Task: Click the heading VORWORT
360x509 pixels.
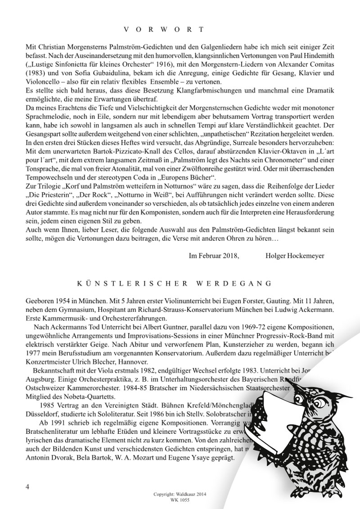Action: click(163, 30)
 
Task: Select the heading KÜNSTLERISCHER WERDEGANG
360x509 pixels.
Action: click(174, 284)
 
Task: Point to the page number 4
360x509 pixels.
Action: click(28, 487)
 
